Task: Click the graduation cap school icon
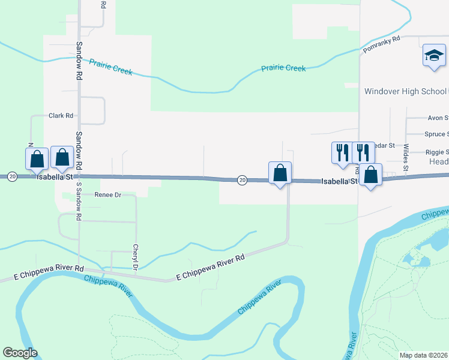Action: pos(434,56)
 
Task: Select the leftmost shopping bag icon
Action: pos(37,159)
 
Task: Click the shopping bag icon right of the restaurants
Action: pos(371,175)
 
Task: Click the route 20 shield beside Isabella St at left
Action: pos(12,176)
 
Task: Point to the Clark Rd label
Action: pos(61,116)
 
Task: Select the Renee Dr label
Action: pos(108,195)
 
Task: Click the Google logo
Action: pos(20,353)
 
